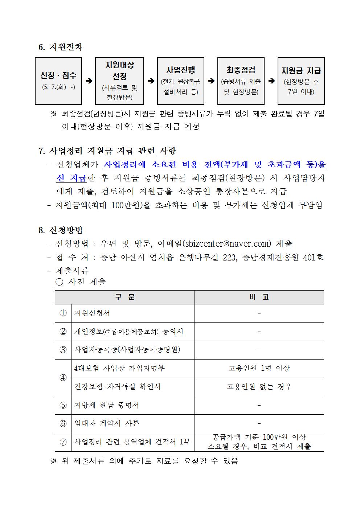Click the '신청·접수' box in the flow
point(58,81)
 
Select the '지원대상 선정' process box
point(119,81)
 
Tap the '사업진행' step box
point(180,81)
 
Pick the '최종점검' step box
point(241,81)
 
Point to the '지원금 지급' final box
point(301,81)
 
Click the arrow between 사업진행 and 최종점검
point(211,81)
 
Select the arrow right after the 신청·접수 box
point(89,81)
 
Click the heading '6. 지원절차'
point(61,47)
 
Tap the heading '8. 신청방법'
point(61,230)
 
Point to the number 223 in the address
point(229,257)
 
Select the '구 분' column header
point(125,297)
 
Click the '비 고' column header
point(259,297)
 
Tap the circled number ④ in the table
point(63,378)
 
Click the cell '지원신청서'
point(92,313)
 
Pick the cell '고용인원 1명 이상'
point(259,368)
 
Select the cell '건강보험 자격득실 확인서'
point(117,387)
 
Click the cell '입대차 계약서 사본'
point(107,423)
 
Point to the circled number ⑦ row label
point(63,442)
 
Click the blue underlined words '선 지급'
point(71,178)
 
